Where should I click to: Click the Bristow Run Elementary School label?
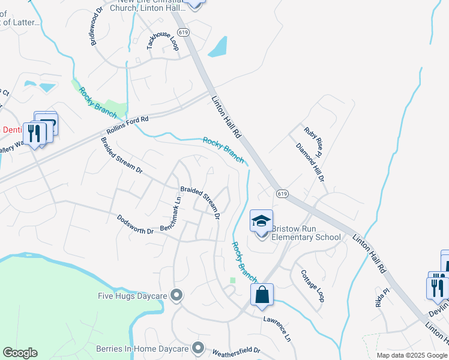(306, 233)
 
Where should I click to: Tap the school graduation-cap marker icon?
(261, 221)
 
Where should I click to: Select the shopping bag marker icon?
(262, 295)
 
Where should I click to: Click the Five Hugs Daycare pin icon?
(176, 295)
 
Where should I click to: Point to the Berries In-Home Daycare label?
(142, 348)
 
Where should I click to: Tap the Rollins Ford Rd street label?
(127, 126)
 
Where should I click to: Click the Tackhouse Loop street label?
(163, 44)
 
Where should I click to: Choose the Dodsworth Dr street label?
(135, 224)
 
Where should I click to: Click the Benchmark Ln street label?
(170, 214)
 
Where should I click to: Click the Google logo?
(20, 353)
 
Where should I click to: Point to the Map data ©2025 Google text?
(412, 355)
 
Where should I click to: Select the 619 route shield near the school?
(282, 193)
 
